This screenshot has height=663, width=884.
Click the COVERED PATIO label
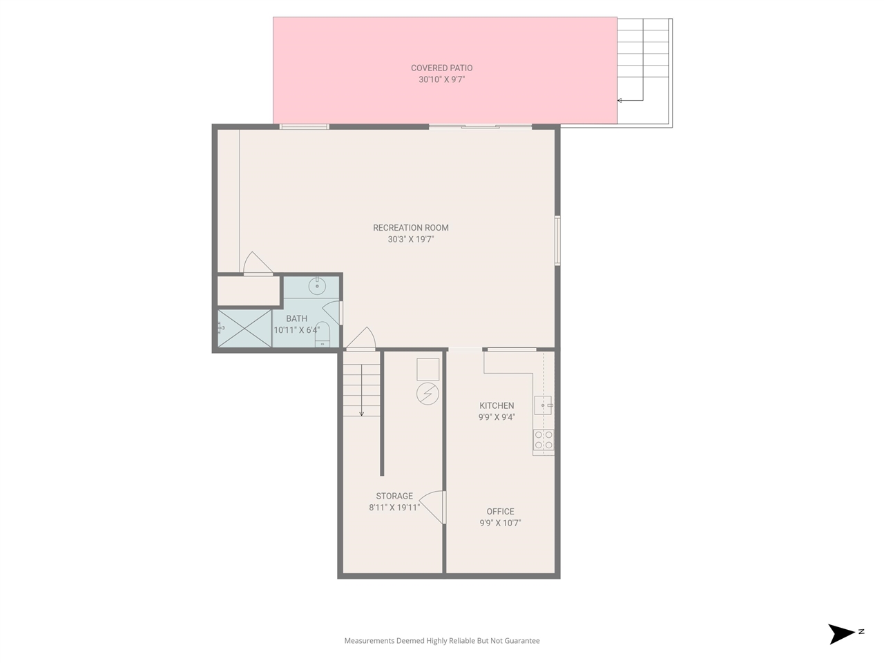(x=441, y=68)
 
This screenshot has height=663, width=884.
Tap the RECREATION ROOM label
(x=410, y=228)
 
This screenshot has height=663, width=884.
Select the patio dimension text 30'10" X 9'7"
(x=441, y=79)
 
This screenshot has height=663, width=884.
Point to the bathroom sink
(x=317, y=285)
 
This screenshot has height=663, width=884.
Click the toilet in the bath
(x=323, y=334)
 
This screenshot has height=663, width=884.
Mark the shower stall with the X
(x=244, y=329)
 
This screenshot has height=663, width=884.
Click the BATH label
(x=296, y=318)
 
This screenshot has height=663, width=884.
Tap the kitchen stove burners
(x=544, y=440)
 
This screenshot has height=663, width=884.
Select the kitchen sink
(x=543, y=405)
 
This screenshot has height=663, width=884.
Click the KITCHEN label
(x=497, y=405)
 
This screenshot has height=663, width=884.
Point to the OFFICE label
(x=500, y=512)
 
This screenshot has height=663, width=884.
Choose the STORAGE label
(x=394, y=496)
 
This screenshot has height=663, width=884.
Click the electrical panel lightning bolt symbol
(x=427, y=394)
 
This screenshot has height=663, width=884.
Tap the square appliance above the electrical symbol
(x=427, y=369)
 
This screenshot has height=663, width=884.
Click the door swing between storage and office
(x=434, y=506)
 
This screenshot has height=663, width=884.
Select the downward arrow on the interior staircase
(x=361, y=412)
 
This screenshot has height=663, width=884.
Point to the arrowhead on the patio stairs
(x=619, y=101)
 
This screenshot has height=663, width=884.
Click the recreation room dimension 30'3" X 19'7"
(x=410, y=240)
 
